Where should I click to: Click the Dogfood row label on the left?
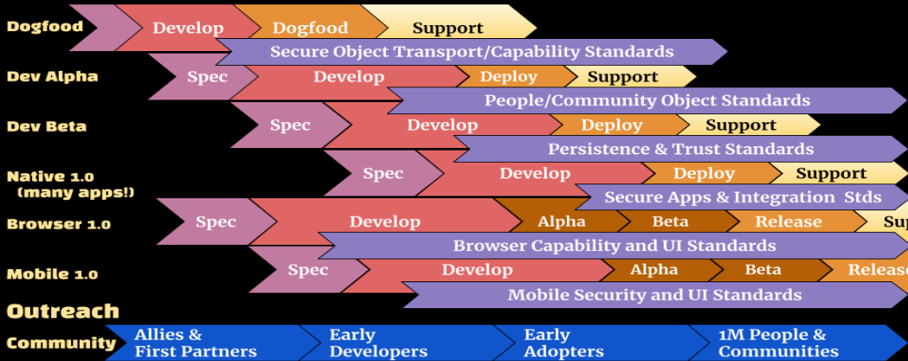click(45, 26)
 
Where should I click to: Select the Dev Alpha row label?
click(52, 76)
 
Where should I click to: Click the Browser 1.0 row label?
click(58, 224)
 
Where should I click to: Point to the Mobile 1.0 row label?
click(52, 274)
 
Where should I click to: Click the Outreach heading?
click(63, 311)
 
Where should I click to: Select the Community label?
click(61, 343)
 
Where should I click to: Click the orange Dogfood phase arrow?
click(310, 28)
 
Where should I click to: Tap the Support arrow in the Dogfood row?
click(448, 28)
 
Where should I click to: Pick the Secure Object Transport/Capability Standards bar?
click(472, 52)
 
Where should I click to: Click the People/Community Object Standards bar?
click(647, 100)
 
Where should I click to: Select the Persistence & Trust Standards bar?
click(680, 149)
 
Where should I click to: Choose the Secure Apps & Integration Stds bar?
click(742, 197)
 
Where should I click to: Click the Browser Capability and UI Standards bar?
click(614, 246)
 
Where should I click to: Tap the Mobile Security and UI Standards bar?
click(654, 294)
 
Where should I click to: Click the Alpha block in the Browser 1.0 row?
click(561, 222)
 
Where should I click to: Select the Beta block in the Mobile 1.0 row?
click(763, 270)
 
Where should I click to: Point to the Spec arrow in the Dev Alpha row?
click(207, 77)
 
